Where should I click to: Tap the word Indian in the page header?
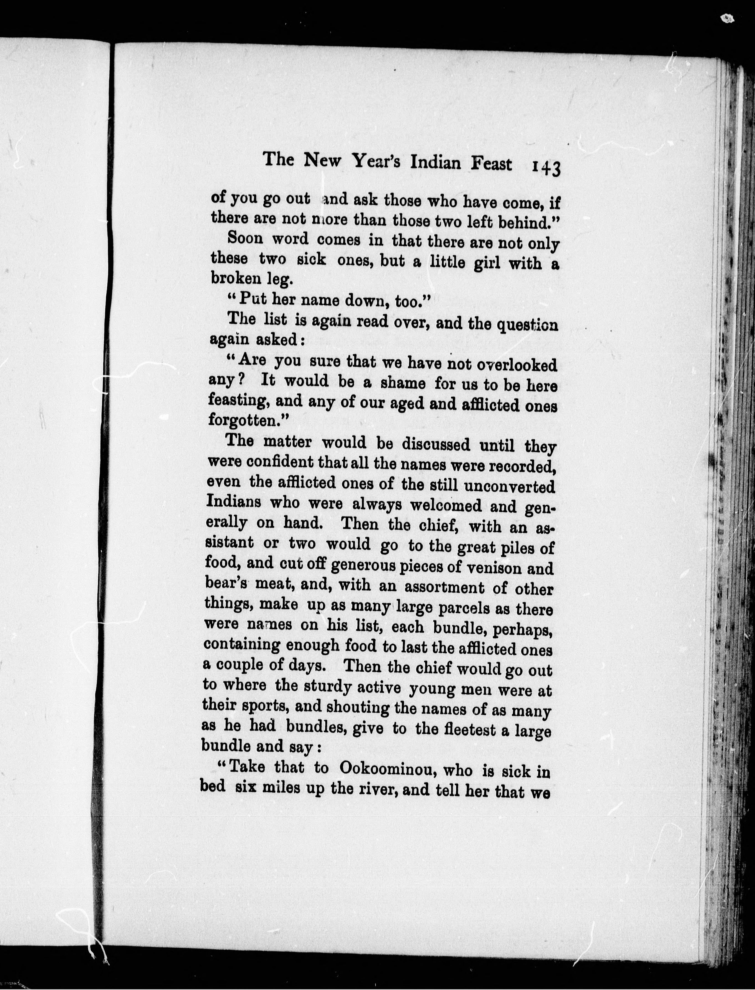(x=435, y=162)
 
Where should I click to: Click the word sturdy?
(x=328, y=686)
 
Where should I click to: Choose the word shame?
(x=403, y=383)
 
